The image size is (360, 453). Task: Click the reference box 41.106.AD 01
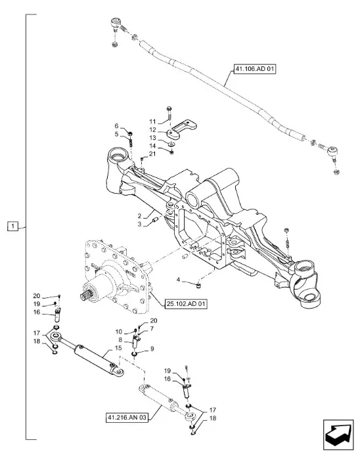click(254, 69)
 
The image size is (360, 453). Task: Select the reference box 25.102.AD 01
click(186, 304)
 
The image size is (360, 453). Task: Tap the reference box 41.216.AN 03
click(127, 418)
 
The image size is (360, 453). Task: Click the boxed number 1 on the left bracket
click(12, 226)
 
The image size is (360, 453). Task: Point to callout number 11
click(152, 121)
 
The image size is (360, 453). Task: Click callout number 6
click(116, 125)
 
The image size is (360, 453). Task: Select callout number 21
click(152, 154)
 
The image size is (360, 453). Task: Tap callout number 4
click(179, 280)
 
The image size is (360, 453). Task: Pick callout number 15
click(118, 348)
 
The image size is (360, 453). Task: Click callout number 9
click(152, 349)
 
